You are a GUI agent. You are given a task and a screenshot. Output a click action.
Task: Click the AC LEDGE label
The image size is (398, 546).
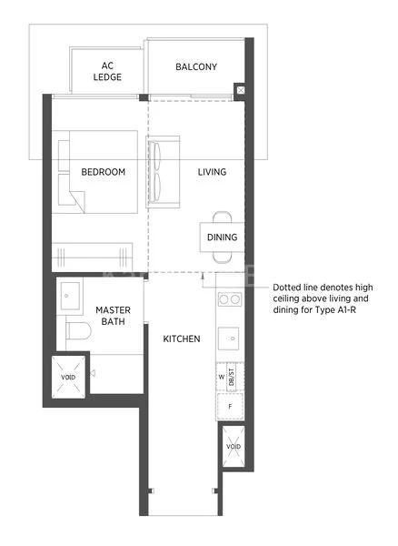106,72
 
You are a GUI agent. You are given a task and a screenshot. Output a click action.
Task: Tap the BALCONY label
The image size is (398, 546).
196,66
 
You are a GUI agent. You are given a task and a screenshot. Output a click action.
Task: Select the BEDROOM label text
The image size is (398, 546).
103,172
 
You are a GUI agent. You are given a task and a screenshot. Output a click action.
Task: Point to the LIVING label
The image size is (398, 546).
213,172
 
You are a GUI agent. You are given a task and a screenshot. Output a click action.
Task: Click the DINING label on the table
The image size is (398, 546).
222,238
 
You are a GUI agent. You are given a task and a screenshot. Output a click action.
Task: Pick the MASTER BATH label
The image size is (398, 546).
113,317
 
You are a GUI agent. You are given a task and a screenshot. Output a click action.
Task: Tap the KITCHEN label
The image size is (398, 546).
182,339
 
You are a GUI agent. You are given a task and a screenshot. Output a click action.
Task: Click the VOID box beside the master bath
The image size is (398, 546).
68,378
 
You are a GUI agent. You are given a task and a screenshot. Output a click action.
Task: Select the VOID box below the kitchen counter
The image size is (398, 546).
233,447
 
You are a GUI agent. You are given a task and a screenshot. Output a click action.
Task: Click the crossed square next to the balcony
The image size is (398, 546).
240,90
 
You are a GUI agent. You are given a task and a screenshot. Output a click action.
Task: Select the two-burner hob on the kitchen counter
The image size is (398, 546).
228,299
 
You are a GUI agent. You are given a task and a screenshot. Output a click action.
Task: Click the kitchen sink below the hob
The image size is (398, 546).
229,339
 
